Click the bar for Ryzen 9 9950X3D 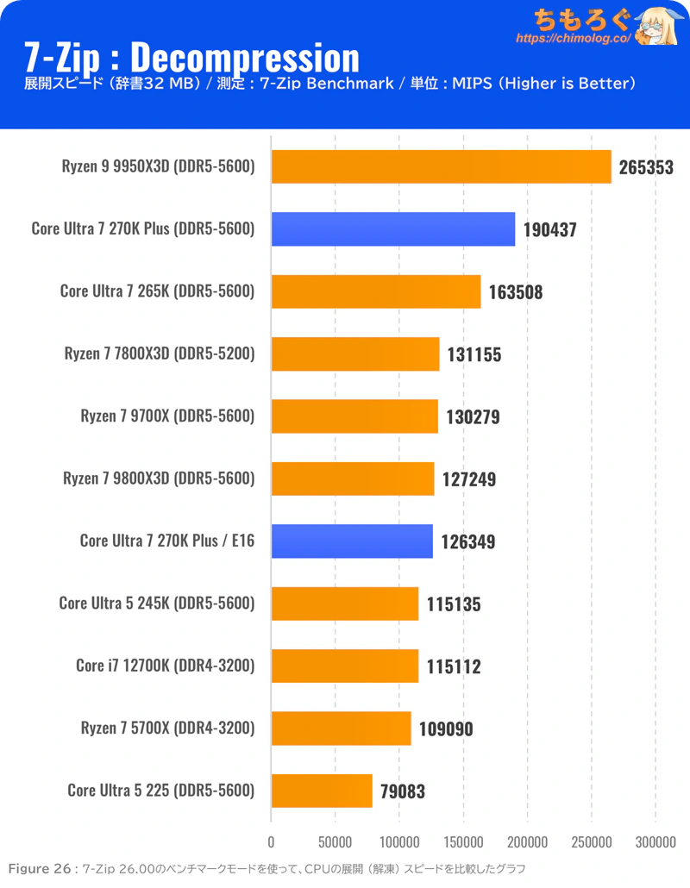441,166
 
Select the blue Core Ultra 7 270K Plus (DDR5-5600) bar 393,229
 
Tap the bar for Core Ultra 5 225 322,791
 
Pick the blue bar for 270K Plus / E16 352,541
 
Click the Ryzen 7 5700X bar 341,729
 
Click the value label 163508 517,291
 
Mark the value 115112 454,666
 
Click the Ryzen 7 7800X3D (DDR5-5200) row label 160,353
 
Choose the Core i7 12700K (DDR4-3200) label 166,666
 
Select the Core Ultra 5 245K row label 157,603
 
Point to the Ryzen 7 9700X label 167,416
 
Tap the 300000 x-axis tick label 655,841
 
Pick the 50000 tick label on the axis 335,841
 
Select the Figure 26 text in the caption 41,869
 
